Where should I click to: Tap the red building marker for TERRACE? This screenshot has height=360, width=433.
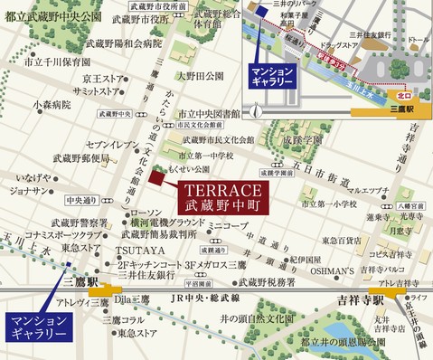pyautogui.click(x=159, y=177)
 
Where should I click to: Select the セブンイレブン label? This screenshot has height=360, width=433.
pyautogui.click(x=110, y=144)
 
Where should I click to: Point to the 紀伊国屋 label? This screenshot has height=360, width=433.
pyautogui.click(x=306, y=233)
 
